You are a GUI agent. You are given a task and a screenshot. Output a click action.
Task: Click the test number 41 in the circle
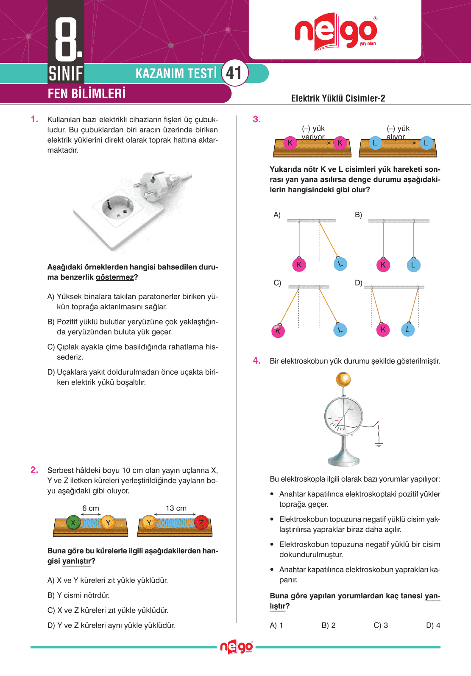click(234, 73)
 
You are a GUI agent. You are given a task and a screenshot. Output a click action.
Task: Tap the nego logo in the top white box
click(335, 32)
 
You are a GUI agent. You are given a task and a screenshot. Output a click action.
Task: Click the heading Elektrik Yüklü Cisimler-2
click(338, 98)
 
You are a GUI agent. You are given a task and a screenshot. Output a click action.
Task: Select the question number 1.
click(34, 119)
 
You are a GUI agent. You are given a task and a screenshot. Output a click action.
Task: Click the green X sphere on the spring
click(73, 522)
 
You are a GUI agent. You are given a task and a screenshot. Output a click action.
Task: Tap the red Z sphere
click(201, 522)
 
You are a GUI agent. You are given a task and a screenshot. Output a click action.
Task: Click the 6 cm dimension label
click(91, 508)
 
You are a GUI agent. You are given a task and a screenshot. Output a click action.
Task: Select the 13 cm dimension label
click(176, 508)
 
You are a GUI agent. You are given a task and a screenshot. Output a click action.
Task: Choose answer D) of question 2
click(111, 625)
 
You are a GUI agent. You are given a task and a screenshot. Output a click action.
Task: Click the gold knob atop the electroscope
click(343, 379)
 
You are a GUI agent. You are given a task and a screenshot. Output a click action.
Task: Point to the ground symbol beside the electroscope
click(379, 444)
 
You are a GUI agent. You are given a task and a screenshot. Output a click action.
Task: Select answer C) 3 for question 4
click(381, 625)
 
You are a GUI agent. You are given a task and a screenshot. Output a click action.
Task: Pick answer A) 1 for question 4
click(276, 625)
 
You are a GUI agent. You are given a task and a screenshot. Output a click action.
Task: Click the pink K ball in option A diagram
click(299, 265)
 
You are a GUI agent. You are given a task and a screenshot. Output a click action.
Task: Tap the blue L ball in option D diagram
click(407, 329)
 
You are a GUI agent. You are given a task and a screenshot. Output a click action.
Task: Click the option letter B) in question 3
click(358, 215)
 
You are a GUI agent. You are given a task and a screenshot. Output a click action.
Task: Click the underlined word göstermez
click(114, 277)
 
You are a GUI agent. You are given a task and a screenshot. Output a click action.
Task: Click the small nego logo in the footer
click(236, 647)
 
